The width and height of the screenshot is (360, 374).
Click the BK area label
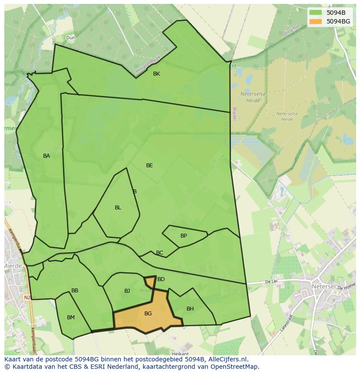(157, 74)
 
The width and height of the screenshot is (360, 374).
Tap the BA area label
(47, 156)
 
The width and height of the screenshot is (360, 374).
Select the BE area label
(150, 165)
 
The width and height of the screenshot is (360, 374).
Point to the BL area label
(118, 208)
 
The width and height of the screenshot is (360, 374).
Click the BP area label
(183, 236)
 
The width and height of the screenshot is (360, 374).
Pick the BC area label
(160, 253)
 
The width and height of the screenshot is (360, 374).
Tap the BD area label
(161, 279)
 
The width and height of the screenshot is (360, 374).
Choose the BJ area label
(127, 291)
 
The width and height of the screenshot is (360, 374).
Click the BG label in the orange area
(148, 314)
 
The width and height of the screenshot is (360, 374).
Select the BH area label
(190, 309)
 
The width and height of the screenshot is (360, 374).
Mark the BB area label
(75, 291)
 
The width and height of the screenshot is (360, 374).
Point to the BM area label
(71, 318)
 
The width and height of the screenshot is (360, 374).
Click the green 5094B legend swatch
(316, 13)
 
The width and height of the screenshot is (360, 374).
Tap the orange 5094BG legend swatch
(316, 21)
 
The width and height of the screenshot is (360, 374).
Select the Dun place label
(70, 38)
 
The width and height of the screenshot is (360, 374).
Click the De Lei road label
(271, 282)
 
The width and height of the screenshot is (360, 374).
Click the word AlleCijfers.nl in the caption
(228, 359)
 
